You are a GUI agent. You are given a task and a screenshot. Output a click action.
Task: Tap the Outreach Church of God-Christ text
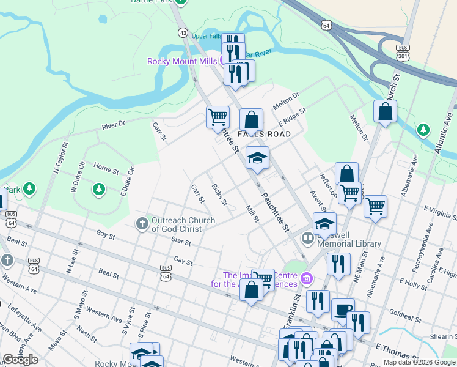183,224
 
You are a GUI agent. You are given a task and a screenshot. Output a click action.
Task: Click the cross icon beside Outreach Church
142,223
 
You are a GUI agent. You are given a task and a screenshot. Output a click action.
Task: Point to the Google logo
20,360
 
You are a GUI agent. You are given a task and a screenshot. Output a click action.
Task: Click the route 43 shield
183,32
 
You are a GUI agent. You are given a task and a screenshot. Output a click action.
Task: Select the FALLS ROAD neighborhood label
263,133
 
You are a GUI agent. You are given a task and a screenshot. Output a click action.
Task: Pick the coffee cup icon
343,309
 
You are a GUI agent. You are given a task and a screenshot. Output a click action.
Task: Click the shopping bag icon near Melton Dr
385,112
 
